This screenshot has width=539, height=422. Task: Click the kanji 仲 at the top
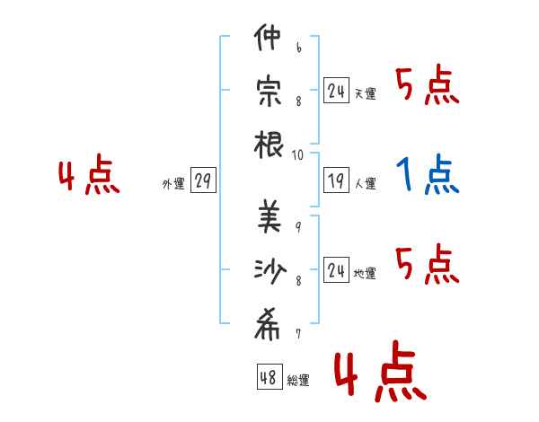pos(268,37)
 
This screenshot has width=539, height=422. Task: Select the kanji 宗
pos(269,92)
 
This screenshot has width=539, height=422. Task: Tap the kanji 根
pos(269,145)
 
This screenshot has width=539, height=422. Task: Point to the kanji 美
pos(269,216)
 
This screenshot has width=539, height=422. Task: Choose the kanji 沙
pos(270,271)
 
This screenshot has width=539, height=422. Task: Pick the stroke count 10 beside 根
pos(297,155)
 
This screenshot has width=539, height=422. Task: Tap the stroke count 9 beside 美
pos(298,227)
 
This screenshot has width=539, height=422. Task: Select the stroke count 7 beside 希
pos(298,333)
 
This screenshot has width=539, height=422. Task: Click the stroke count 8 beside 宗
pos(298,101)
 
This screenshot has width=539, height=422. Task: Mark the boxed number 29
pos(203,180)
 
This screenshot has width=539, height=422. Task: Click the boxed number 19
pos(336,180)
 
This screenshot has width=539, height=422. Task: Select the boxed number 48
pos(269,376)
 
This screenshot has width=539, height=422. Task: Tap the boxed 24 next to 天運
pos(336,90)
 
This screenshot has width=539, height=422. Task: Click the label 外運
pos(173,183)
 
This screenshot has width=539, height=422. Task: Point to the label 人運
pos(366,183)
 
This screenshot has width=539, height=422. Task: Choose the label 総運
pos(298,380)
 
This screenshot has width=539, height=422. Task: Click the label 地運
pos(365,274)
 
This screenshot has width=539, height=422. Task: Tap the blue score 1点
pos(428,174)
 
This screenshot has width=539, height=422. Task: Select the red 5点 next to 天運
pos(428,84)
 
